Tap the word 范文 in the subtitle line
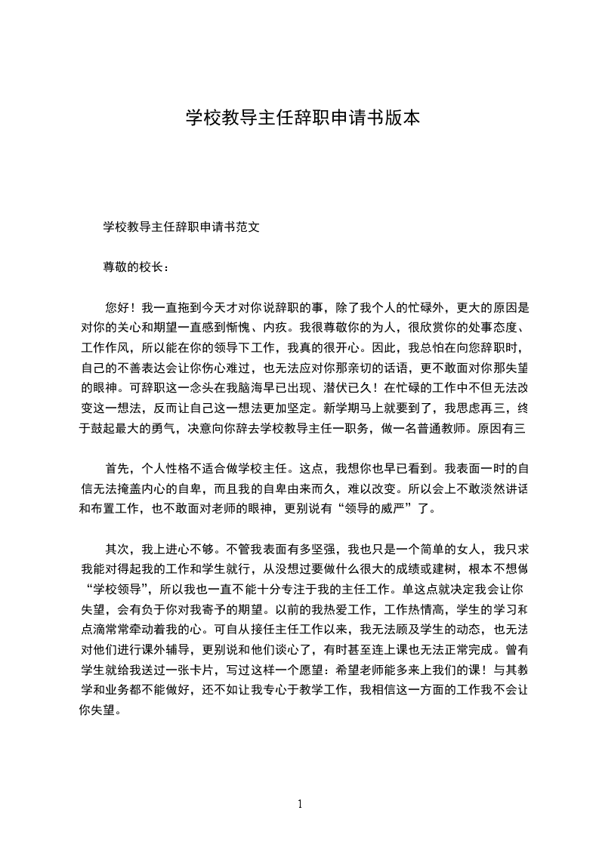click(249, 226)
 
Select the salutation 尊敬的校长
click(131, 266)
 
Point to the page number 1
click(300, 804)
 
